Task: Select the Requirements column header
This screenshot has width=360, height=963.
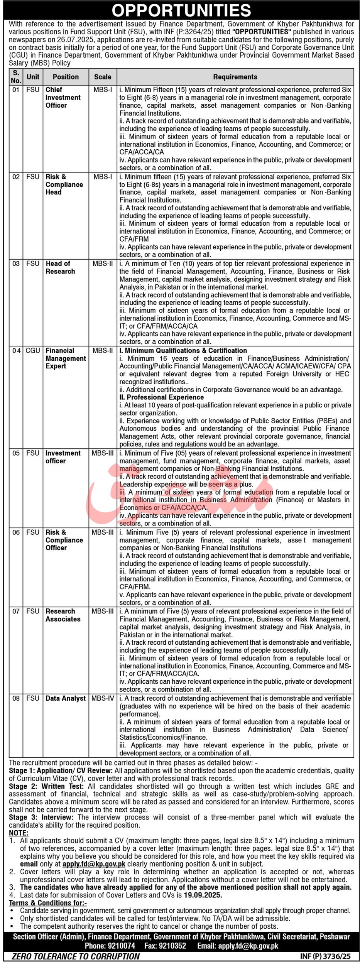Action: click(235, 77)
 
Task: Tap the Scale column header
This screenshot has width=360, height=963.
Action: click(103, 77)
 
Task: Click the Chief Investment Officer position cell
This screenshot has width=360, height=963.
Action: click(63, 97)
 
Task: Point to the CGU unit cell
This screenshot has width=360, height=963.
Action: click(33, 350)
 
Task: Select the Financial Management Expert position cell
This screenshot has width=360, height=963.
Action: click(66, 358)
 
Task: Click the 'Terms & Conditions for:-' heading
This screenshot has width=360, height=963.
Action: click(48, 903)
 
